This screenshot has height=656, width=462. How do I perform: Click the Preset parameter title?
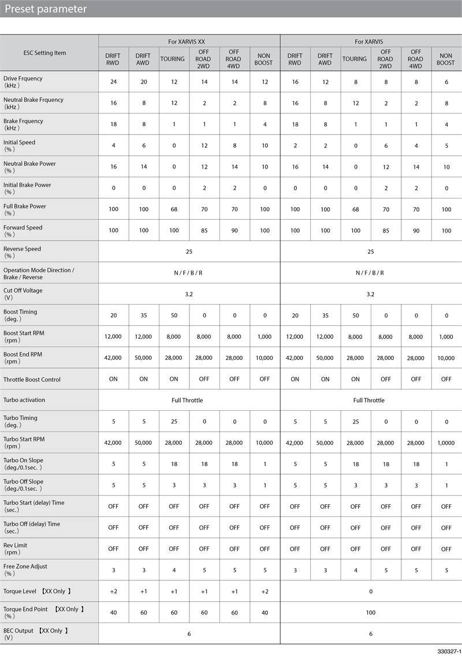pos(46,9)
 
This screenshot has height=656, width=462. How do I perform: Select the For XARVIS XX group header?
pos(189,42)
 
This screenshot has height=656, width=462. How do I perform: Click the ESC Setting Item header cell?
pos(44,53)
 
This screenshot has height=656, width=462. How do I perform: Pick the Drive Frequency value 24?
pos(113,82)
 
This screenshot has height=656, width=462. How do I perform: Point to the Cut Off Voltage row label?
pos(23,294)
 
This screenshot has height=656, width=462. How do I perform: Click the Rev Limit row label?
pos(16,549)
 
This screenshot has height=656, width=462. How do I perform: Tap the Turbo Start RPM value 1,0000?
pos(445,443)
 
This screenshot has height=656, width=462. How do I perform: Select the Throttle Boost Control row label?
pos(32,380)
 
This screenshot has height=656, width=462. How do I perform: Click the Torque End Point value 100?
pos(370,613)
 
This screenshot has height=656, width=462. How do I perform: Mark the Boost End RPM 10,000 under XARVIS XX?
pos(264,358)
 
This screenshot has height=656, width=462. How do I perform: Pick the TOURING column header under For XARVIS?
pos(355,59)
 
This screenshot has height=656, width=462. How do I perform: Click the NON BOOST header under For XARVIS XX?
pos(264,59)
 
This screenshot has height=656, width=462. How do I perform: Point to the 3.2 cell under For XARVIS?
pos(370,294)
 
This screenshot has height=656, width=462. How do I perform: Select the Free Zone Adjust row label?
pos(25,570)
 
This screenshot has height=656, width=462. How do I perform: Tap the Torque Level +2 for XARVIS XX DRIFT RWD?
pos(113,591)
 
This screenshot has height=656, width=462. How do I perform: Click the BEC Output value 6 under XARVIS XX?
pos(189,633)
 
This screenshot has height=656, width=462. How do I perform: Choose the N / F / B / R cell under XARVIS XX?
pos(189,273)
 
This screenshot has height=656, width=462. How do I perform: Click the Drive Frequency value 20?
pos(143,82)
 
